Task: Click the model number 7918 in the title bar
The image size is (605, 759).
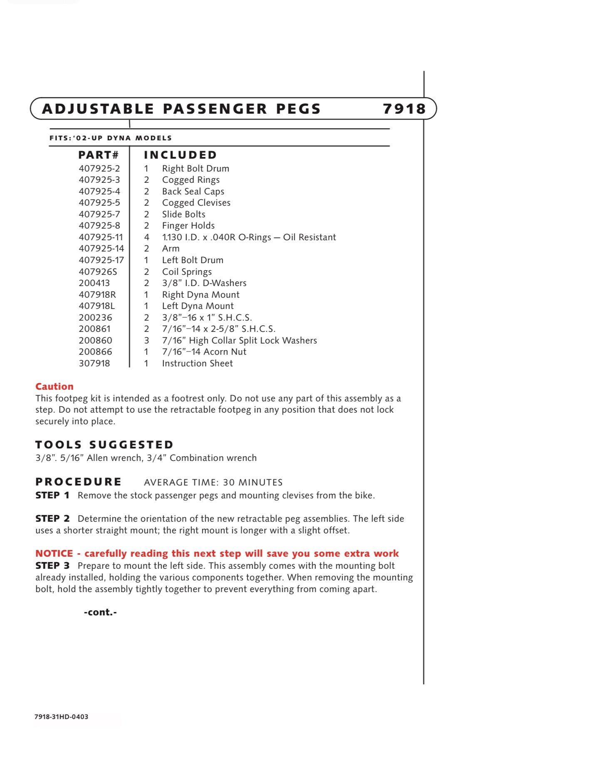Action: [x=404, y=109]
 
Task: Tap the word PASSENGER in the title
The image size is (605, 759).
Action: [x=215, y=109]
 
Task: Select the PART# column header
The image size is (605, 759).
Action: [x=98, y=155]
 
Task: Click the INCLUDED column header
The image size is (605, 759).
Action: [x=180, y=155]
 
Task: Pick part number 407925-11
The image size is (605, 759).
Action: [x=101, y=237]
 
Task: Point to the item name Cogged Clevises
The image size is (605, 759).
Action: [x=196, y=203]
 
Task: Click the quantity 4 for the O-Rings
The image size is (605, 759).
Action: [x=146, y=237]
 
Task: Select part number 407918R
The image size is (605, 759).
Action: [x=97, y=295]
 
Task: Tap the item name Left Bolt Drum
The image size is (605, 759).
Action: [x=193, y=260]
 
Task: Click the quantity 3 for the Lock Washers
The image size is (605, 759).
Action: [x=146, y=341]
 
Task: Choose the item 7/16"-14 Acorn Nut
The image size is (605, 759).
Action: [x=204, y=352]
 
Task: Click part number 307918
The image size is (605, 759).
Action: [x=94, y=363]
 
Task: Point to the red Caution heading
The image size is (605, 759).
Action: [x=55, y=386]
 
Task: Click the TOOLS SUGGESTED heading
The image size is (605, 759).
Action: [x=104, y=445]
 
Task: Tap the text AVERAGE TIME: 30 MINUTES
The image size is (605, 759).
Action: [x=213, y=482]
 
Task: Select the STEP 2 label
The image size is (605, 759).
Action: [x=52, y=519]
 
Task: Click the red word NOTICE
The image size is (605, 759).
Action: [x=54, y=554]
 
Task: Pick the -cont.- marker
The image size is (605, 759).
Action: [x=100, y=612]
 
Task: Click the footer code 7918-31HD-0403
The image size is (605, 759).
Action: [x=61, y=717]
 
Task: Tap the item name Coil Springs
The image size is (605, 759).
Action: [x=187, y=272]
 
